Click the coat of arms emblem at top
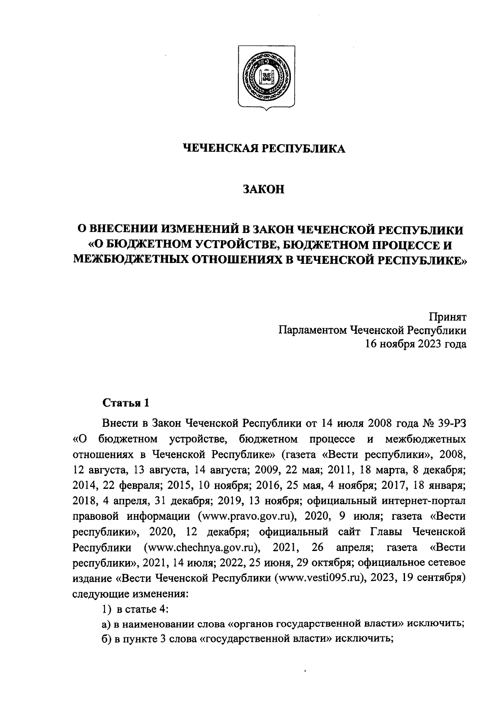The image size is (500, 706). tap(264, 78)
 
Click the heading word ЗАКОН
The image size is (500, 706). tap(264, 190)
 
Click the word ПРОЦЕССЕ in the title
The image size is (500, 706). tap(406, 244)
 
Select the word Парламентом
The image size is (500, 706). tap(312, 330)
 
